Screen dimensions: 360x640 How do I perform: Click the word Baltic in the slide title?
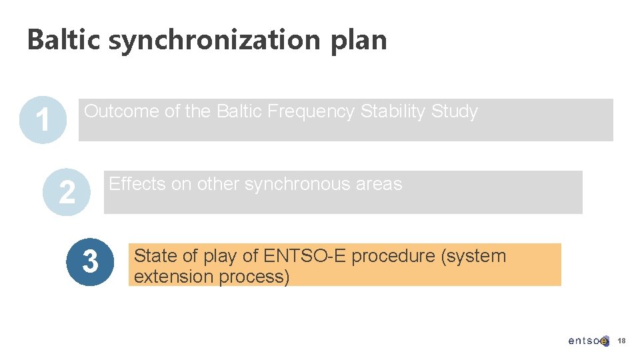point(64,40)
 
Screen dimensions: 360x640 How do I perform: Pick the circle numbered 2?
point(66,192)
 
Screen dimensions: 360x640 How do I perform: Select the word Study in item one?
point(455,112)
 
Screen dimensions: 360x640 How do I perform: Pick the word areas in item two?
point(380,185)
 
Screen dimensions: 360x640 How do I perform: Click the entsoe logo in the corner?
point(588,341)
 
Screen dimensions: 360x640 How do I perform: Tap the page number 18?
point(621,341)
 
